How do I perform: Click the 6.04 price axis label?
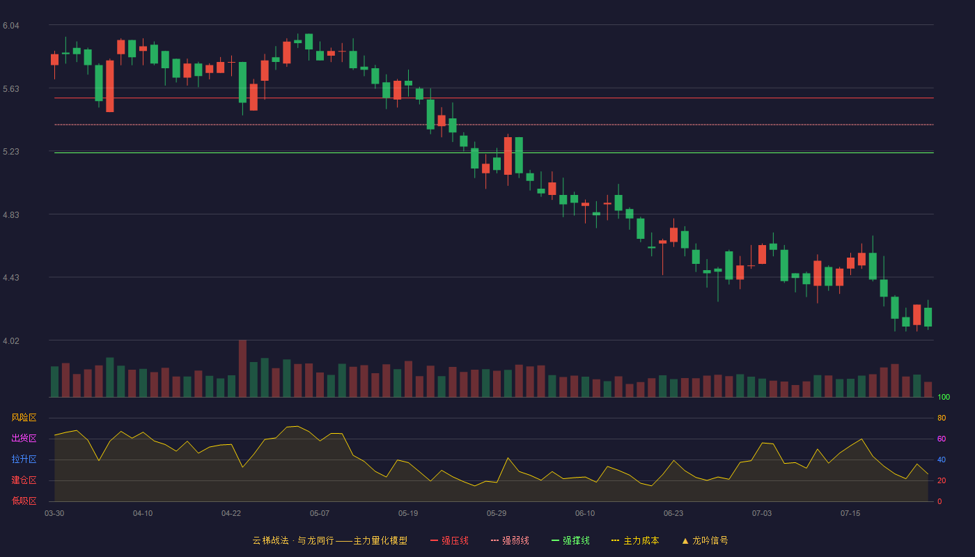coord(11,26)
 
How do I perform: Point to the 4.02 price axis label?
coord(11,340)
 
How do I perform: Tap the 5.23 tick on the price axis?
coord(11,152)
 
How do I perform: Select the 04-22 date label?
coord(231,514)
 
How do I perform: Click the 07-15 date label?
coord(850,514)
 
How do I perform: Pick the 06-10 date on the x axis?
coord(585,514)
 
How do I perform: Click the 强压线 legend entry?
coord(449,540)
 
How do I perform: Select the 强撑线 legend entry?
coord(570,540)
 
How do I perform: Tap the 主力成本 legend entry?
coord(635,540)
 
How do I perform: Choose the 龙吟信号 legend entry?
coord(705,540)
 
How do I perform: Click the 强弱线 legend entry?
coord(510,540)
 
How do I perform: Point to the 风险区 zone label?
coord(24,418)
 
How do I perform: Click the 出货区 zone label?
coord(24,438)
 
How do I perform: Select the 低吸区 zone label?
coord(24,501)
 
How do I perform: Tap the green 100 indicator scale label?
coord(944,397)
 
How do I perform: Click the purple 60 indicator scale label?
coord(942,439)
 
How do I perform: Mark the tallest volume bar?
coord(242,368)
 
